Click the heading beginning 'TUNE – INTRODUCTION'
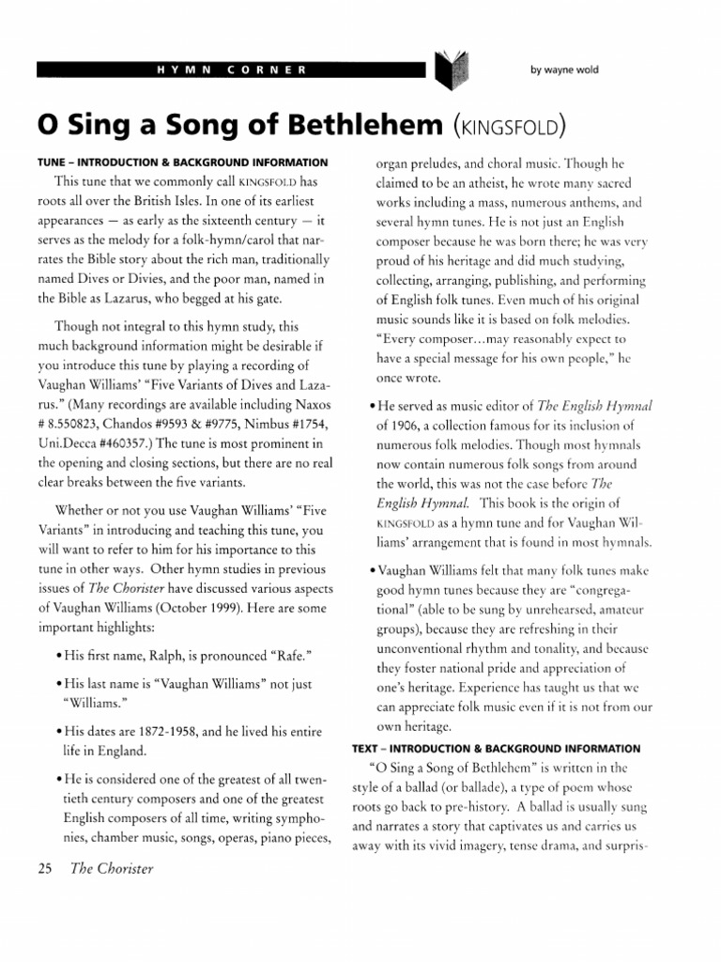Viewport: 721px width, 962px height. pyautogui.click(x=181, y=163)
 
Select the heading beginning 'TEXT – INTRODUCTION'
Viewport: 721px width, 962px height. pyautogui.click(x=496, y=749)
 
